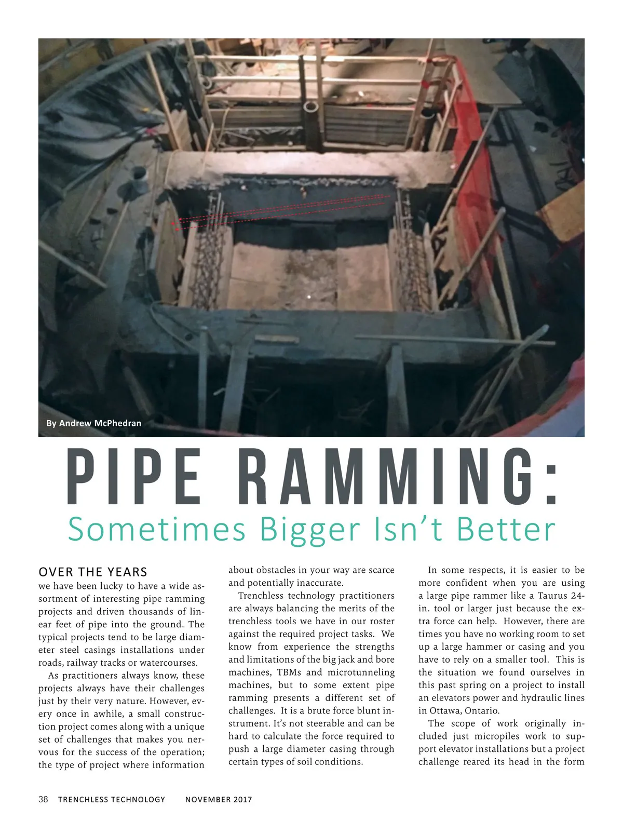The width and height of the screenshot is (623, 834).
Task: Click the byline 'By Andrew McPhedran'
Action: [93, 423]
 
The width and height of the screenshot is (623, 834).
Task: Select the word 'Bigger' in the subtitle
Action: [309, 529]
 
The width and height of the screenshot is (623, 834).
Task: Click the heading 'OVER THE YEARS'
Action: [93, 572]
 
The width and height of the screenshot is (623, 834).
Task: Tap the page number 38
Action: [43, 799]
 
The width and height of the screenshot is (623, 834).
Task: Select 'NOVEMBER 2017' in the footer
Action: [219, 799]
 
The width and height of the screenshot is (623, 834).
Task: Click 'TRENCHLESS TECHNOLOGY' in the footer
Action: [112, 799]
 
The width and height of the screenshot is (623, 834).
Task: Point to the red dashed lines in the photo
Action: [280, 210]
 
